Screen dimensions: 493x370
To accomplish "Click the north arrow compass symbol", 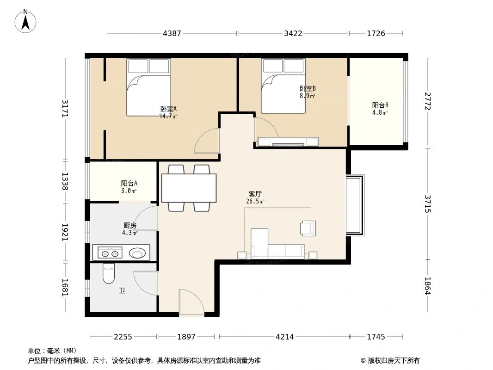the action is click(x=25, y=21).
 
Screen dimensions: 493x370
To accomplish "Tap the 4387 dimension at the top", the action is click(x=172, y=33).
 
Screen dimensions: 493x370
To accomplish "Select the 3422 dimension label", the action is click(x=293, y=33).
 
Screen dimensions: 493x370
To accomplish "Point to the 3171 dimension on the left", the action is click(x=65, y=108).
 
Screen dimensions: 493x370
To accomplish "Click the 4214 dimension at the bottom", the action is click(x=285, y=337).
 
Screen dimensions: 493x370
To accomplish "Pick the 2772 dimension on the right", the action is click(x=428, y=101).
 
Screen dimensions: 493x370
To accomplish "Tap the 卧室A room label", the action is click(x=168, y=109).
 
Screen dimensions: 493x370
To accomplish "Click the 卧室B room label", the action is click(x=308, y=89).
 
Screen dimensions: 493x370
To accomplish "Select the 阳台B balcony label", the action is click(x=380, y=105).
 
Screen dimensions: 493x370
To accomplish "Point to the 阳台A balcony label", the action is click(x=129, y=183).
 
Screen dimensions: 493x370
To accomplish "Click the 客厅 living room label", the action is click(x=255, y=194).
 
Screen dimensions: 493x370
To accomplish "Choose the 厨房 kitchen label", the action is click(x=130, y=225).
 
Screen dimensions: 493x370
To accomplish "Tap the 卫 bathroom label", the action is click(x=122, y=291).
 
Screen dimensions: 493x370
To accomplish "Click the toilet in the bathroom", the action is click(x=109, y=273).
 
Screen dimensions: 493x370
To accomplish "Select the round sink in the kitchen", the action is click(x=137, y=253).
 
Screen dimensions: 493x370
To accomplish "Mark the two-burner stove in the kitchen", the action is click(x=110, y=253).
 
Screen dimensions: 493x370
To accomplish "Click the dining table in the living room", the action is click(x=189, y=188).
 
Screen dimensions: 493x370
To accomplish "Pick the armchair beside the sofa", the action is click(x=308, y=228).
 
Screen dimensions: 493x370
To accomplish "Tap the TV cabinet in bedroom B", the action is click(x=288, y=142).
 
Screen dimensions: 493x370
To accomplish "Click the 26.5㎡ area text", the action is click(x=255, y=202).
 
